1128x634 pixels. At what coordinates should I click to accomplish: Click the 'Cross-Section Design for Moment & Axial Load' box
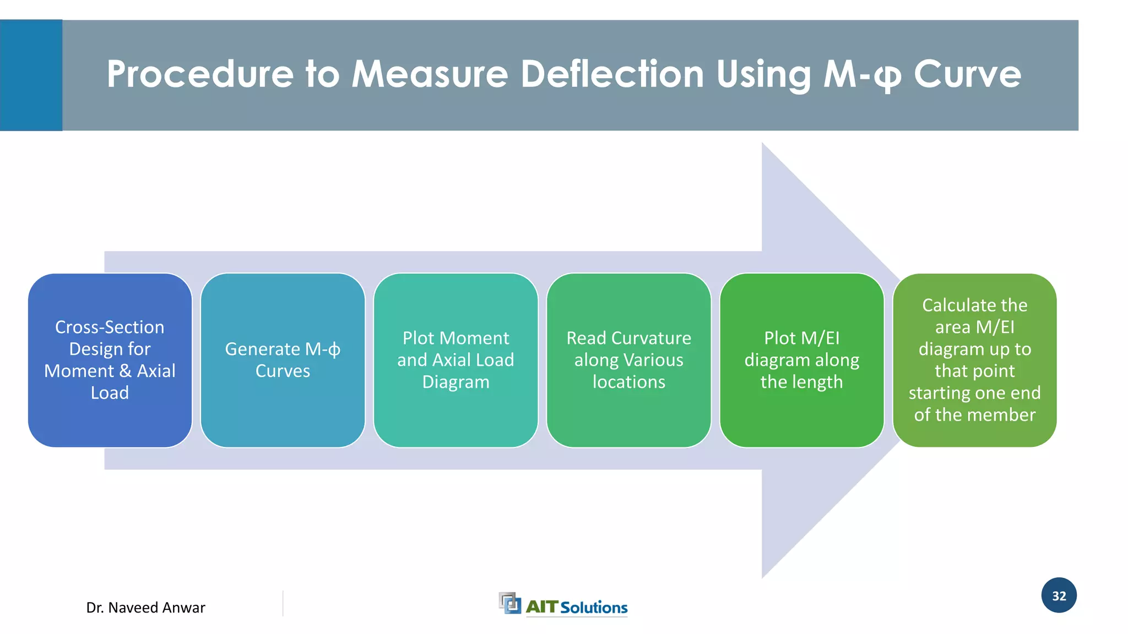tap(110, 360)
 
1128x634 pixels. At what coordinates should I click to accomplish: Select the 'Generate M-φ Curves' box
tap(283, 360)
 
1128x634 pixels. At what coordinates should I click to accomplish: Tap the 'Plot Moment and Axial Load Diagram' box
tap(455, 360)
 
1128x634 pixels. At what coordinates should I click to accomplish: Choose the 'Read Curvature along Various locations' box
tap(628, 360)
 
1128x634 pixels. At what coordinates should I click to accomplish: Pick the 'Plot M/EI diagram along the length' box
tap(801, 360)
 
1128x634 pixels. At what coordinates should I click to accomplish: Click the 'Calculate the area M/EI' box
tap(974, 360)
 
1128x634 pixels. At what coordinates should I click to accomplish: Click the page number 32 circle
tap(1059, 595)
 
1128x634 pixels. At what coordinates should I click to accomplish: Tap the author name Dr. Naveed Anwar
tap(145, 608)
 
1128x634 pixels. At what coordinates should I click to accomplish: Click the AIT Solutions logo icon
tap(509, 603)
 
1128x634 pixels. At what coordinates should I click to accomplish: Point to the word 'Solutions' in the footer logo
tap(594, 608)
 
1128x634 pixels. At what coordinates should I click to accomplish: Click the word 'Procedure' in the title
tap(200, 74)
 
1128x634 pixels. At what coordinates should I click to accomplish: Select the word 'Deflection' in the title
tap(612, 74)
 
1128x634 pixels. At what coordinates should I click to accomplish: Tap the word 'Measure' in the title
tap(430, 74)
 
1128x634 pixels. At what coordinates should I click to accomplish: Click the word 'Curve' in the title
tap(967, 74)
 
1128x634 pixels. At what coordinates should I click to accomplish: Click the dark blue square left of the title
tap(31, 75)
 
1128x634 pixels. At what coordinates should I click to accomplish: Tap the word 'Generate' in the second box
tap(262, 349)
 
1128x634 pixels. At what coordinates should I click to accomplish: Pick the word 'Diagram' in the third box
tap(455, 382)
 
